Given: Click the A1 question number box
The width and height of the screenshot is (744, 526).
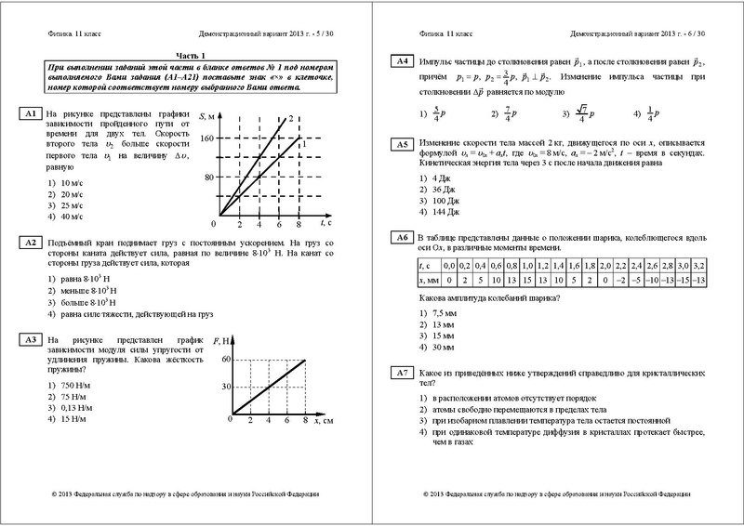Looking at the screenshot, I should (29, 113).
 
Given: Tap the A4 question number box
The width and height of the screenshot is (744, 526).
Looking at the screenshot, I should (401, 61).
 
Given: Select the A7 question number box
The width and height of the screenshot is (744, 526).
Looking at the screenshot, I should (401, 373).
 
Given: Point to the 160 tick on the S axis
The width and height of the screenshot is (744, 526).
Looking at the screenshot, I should (205, 138).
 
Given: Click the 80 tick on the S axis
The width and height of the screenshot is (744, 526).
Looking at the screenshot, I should (207, 177).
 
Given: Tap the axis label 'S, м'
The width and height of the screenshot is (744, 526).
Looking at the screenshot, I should (207, 113).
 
